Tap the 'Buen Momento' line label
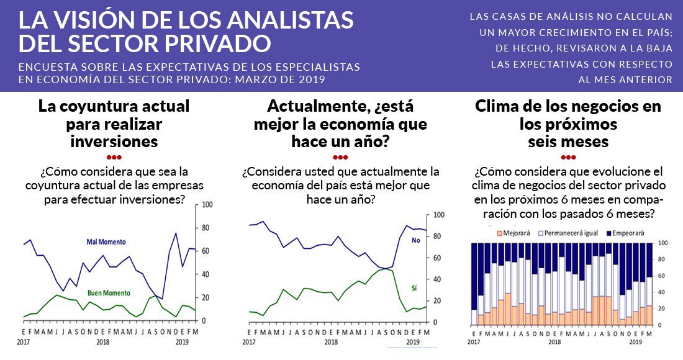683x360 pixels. (109, 292)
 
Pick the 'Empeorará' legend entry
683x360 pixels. (625, 233)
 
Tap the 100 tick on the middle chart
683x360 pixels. (439, 215)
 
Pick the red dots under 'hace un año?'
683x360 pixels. (340, 156)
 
